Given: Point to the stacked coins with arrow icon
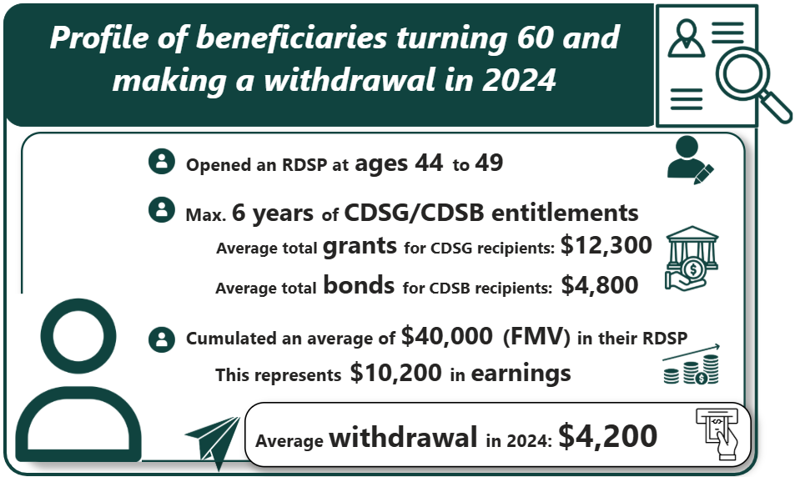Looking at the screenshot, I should tap(692, 364).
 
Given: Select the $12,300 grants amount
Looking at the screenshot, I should tap(605, 246).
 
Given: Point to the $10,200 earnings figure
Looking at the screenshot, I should tap(395, 374).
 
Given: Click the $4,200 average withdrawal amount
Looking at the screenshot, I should tap(607, 436).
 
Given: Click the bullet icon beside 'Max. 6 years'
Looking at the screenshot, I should tap(160, 210).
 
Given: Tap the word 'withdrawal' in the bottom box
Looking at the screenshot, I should tap(404, 437).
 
